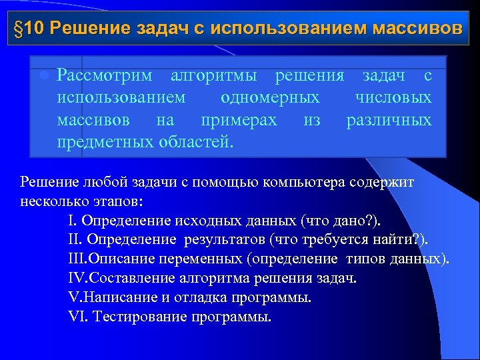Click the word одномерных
click(269, 98)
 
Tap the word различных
click(389, 120)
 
